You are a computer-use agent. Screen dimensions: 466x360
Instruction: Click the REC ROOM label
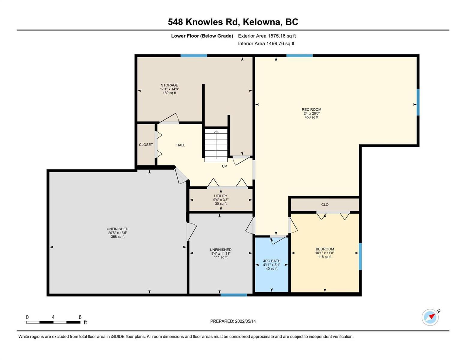(311, 109)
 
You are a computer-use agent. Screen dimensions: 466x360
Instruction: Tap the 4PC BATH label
(272, 261)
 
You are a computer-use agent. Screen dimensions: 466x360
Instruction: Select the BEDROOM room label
(325, 249)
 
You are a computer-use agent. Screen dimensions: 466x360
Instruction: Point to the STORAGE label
(170, 85)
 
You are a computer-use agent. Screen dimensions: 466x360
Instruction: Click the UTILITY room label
(221, 196)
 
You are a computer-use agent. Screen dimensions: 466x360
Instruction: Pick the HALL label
(181, 145)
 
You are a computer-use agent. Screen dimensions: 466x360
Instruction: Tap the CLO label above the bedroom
(325, 205)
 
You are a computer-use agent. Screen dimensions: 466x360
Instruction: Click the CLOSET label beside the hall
(146, 145)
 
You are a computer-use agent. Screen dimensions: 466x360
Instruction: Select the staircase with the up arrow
(216, 145)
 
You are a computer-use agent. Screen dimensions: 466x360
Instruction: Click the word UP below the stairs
(224, 166)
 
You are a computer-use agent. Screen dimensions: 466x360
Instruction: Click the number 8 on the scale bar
(80, 317)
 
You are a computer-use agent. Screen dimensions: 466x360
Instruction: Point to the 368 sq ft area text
(118, 237)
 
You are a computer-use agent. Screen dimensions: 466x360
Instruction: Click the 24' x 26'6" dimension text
(311, 113)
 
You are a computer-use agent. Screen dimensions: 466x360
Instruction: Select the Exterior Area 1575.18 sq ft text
(267, 36)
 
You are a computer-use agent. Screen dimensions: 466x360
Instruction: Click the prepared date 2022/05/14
(245, 321)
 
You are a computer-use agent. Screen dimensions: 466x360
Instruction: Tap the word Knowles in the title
(204, 22)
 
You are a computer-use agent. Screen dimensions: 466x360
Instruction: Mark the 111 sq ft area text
(221, 257)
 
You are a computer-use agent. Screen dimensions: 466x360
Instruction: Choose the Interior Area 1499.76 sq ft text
(266, 43)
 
